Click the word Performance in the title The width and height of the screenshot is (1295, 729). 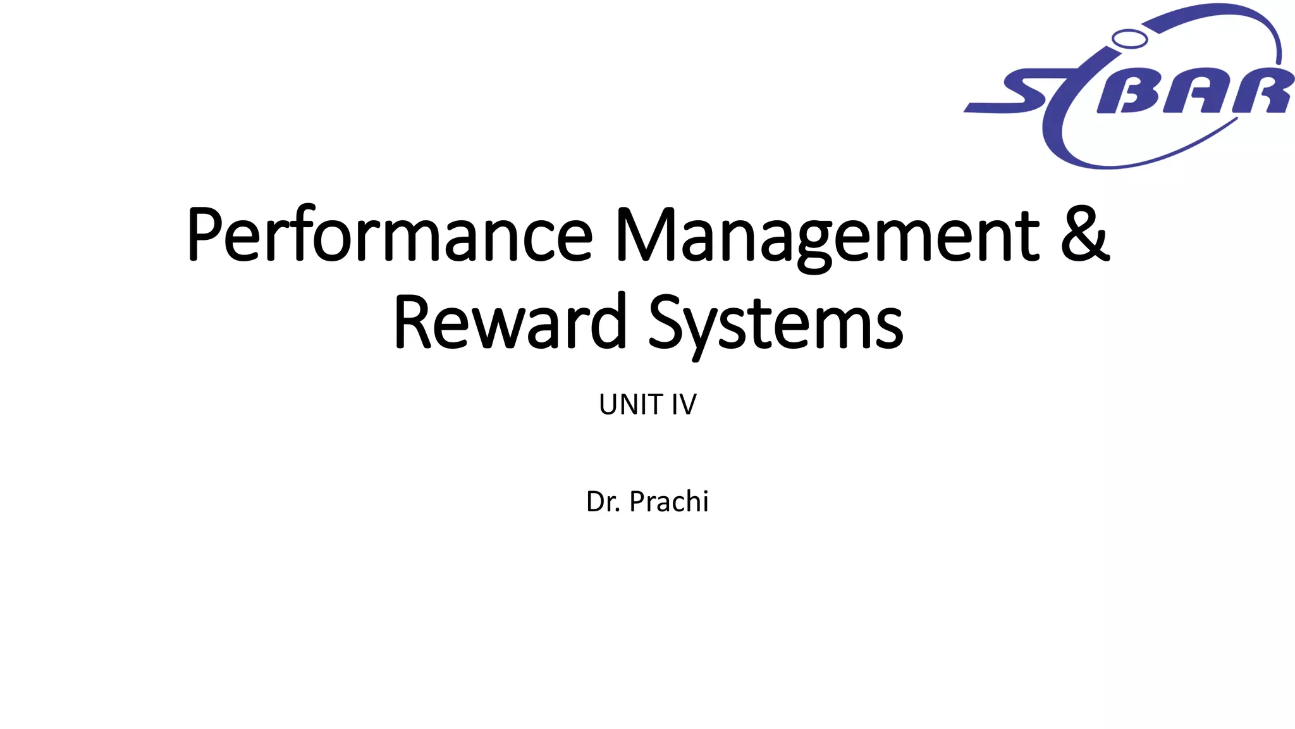tap(390, 235)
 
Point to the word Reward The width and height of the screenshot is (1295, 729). tap(510, 323)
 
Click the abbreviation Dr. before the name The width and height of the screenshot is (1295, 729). tap(603, 502)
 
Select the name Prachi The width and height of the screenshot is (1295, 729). tap(669, 502)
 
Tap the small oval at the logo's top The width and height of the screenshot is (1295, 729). tap(1129, 39)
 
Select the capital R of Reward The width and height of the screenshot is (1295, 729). tap(413, 323)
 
